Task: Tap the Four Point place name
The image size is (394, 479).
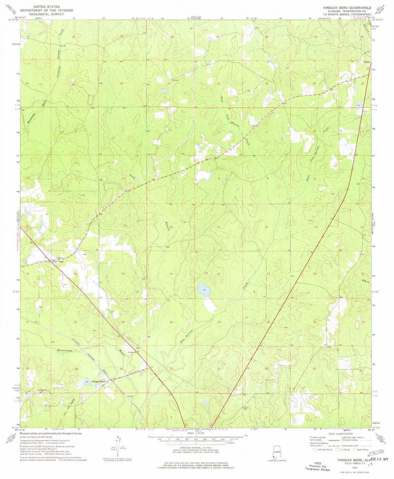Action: (58, 261)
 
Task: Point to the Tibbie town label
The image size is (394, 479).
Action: (367, 62)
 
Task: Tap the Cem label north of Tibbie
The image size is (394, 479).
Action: (368, 52)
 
